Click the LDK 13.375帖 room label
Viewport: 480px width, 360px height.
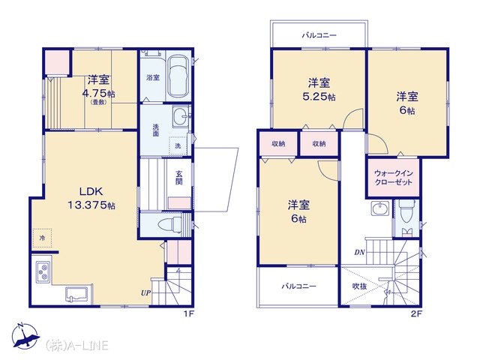click(x=91, y=198)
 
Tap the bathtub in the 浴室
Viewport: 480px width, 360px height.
click(x=178, y=76)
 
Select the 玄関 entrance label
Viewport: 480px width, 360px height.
click(x=179, y=178)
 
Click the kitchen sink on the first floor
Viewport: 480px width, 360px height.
click(x=76, y=295)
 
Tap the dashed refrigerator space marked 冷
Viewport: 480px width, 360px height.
click(x=42, y=238)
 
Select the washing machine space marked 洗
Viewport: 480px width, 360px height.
click(x=178, y=145)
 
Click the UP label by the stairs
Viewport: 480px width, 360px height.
click(x=145, y=293)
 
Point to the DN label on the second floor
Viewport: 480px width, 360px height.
click(x=360, y=252)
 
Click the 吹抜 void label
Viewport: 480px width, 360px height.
click(x=359, y=286)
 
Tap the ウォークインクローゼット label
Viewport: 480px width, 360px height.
click(x=394, y=178)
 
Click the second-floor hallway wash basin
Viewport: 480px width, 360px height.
click(x=380, y=208)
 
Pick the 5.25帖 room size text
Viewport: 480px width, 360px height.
click(x=319, y=97)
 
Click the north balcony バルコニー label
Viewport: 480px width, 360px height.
click(x=319, y=35)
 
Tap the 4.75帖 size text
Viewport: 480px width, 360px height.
click(x=98, y=93)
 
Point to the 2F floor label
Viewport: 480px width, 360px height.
click(x=416, y=313)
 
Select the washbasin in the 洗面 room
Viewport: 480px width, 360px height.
click(x=181, y=116)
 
